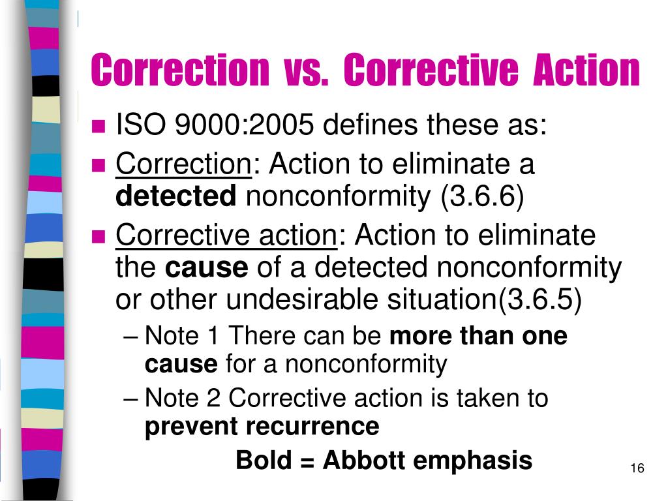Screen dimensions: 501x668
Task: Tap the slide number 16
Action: tap(637, 469)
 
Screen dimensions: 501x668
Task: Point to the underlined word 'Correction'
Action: tap(183, 164)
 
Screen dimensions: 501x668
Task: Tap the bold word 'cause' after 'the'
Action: tap(207, 267)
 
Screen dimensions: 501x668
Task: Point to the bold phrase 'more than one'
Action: tap(478, 337)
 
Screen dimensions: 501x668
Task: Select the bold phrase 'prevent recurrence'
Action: tap(262, 427)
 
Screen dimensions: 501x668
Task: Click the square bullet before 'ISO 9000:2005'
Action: tap(99, 126)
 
